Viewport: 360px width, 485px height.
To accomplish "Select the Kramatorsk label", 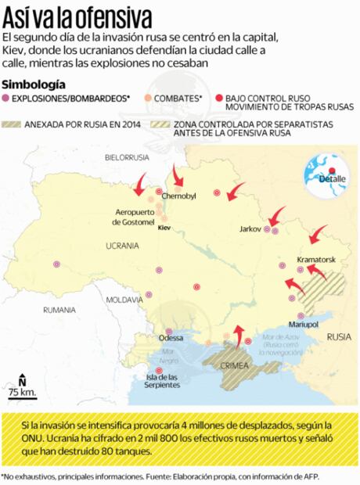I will [x=316, y=259].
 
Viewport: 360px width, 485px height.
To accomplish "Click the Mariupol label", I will [x=304, y=323].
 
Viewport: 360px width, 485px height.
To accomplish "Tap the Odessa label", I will [x=171, y=338].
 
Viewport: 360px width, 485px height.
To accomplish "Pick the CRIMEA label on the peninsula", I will [x=235, y=365].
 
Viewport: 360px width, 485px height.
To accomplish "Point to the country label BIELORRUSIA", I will [x=126, y=157].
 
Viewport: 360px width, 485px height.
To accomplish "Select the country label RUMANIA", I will [x=60, y=310].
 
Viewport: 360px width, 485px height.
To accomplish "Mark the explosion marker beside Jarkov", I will [x=267, y=229].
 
